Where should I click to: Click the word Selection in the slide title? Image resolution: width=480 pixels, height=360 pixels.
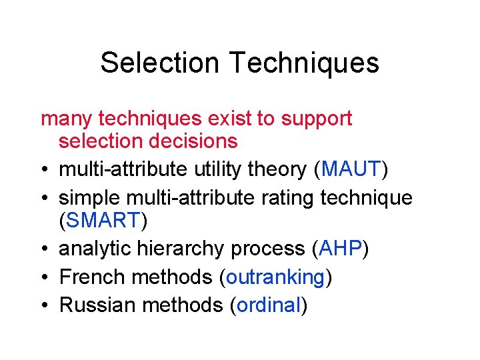(x=159, y=63)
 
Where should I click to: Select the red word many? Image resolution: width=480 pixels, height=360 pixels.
(x=67, y=119)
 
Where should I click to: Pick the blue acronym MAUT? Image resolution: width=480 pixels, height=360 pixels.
(x=350, y=169)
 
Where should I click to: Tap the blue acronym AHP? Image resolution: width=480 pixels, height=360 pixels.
(x=340, y=249)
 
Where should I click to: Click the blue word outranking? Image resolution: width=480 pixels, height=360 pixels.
(x=275, y=277)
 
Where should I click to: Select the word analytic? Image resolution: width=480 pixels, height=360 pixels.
(x=95, y=249)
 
